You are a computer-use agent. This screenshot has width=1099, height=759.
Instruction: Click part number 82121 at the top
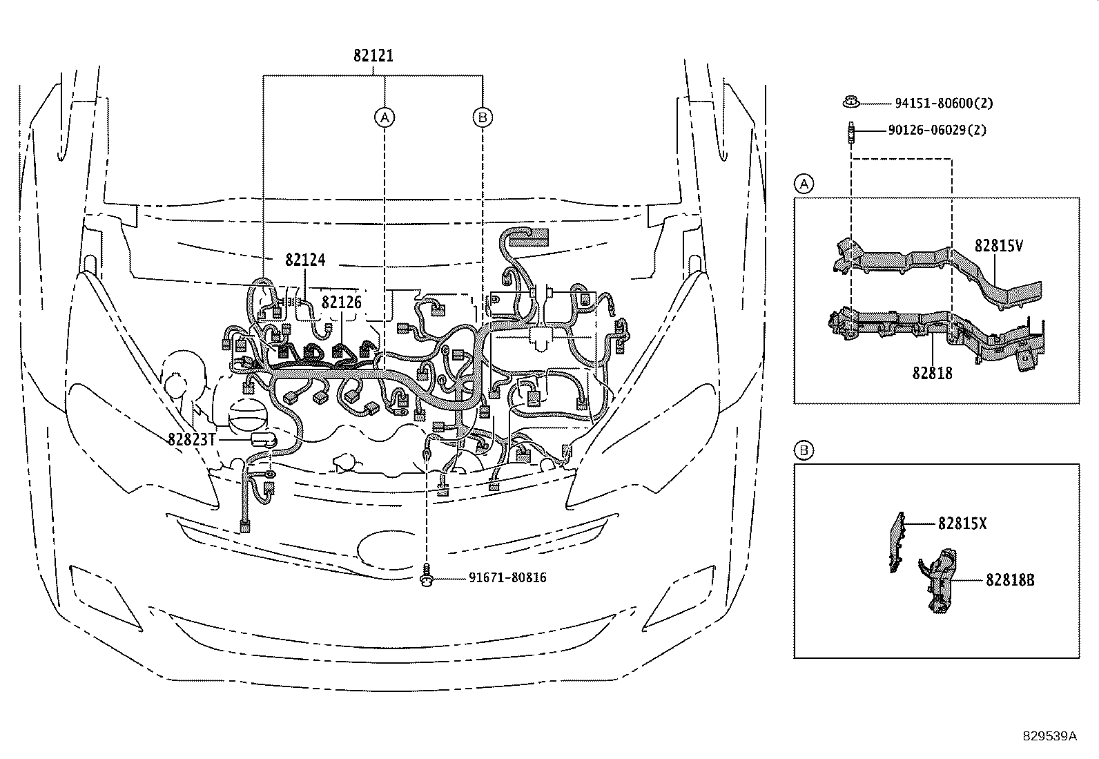(373, 56)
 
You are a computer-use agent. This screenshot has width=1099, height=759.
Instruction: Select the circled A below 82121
(385, 117)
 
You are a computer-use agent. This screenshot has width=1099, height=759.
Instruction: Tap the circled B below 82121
(483, 117)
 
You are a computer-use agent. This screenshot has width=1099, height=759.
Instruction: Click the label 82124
(304, 260)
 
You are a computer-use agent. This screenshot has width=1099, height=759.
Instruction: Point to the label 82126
(341, 302)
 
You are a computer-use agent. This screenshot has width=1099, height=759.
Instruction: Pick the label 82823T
(192, 439)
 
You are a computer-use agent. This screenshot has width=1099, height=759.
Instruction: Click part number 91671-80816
(498, 577)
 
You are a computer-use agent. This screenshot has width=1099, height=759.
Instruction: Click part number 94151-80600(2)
(944, 103)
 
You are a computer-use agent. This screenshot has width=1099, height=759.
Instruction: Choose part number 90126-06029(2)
(941, 129)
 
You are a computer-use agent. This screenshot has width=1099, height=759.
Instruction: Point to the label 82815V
(998, 245)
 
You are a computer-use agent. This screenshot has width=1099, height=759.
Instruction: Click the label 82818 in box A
(932, 373)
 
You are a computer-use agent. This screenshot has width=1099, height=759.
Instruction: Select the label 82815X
(962, 524)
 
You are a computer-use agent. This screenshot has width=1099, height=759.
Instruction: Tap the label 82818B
(1010, 580)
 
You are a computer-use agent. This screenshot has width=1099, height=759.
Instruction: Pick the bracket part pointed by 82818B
(940, 580)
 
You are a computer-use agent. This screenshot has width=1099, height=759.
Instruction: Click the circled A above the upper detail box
(803, 184)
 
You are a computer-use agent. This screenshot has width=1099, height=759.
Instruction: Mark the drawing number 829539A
(1049, 736)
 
